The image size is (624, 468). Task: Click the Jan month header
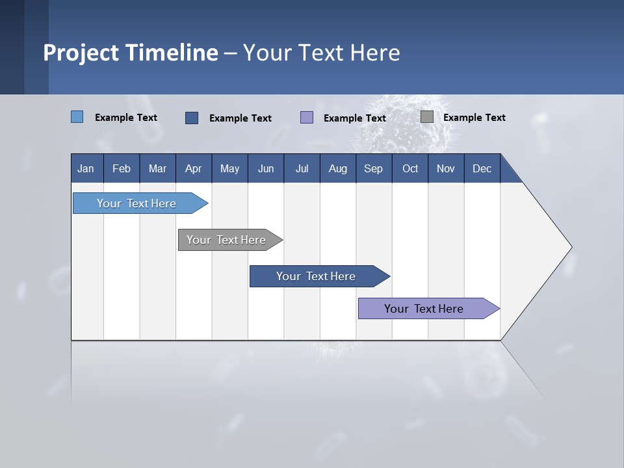point(86,168)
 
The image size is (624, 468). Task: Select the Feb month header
point(122,168)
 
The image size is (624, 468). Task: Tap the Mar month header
point(157,168)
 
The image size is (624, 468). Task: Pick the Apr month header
point(194,168)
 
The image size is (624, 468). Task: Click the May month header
point(229,168)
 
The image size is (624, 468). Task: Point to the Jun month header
point(266,168)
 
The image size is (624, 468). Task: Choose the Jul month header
point(302,168)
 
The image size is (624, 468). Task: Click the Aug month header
point(338,168)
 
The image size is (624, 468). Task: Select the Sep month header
point(374,168)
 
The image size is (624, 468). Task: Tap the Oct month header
point(410,168)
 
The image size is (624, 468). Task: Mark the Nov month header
point(446,168)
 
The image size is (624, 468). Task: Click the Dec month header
point(482,168)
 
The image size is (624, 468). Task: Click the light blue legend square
point(77,117)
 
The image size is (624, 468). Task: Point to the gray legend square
point(427,117)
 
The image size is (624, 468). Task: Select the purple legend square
point(307,118)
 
